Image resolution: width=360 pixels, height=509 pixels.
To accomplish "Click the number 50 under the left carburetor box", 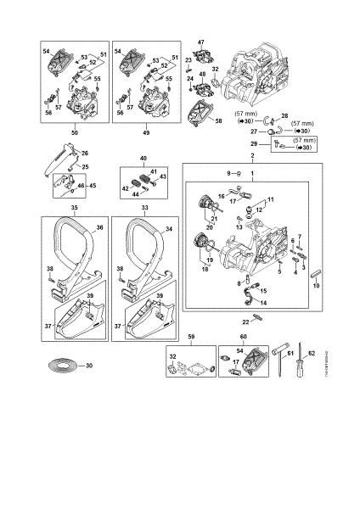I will tap(74, 134).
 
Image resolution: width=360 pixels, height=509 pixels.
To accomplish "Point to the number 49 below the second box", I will tap(145, 134).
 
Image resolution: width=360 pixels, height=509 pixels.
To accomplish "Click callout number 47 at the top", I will tap(201, 42).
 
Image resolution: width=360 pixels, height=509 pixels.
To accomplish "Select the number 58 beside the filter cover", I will tap(219, 121).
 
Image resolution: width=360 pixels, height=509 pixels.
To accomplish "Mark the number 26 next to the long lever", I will tap(84, 153).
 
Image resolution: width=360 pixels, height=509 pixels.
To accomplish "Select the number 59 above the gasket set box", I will tap(190, 337).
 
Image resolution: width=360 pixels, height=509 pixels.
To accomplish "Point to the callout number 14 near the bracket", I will tap(263, 301).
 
